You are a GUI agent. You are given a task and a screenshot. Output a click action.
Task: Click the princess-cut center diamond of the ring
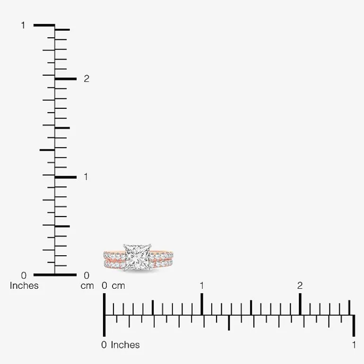point(138,257)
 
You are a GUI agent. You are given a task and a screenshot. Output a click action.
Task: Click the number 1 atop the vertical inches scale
point(23,26)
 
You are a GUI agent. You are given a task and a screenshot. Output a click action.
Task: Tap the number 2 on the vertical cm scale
point(87,78)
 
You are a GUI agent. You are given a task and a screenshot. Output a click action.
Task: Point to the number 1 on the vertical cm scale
point(86,177)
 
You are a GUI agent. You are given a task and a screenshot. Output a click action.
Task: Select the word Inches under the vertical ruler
point(24,286)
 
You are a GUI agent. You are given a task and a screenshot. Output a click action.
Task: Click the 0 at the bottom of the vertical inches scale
point(24,276)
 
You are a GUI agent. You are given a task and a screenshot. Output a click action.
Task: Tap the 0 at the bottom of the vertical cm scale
point(87,276)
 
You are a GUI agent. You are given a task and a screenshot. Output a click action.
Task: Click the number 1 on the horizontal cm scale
point(202,286)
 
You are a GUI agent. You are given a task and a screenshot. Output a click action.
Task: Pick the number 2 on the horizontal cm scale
point(300,286)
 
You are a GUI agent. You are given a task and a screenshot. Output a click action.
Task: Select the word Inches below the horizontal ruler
point(125,345)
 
